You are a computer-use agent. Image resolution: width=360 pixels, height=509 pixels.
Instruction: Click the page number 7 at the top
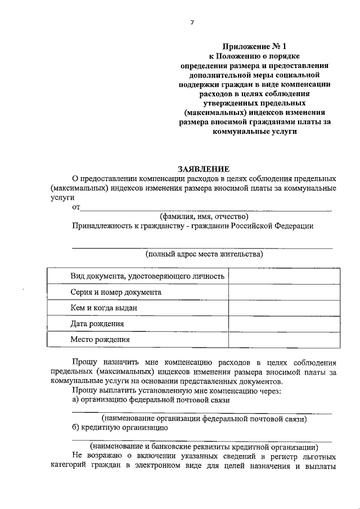(191, 22)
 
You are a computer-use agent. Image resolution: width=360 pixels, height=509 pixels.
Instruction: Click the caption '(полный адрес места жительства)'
(204, 254)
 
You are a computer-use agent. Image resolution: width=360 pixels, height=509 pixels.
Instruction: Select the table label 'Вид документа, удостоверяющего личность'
(147, 276)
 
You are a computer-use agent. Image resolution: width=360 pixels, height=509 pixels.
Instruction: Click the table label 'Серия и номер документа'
(116, 292)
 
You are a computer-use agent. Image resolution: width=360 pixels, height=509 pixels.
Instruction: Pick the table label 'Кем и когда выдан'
(103, 308)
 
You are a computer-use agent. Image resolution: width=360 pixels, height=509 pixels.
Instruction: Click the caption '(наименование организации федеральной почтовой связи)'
(204, 419)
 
